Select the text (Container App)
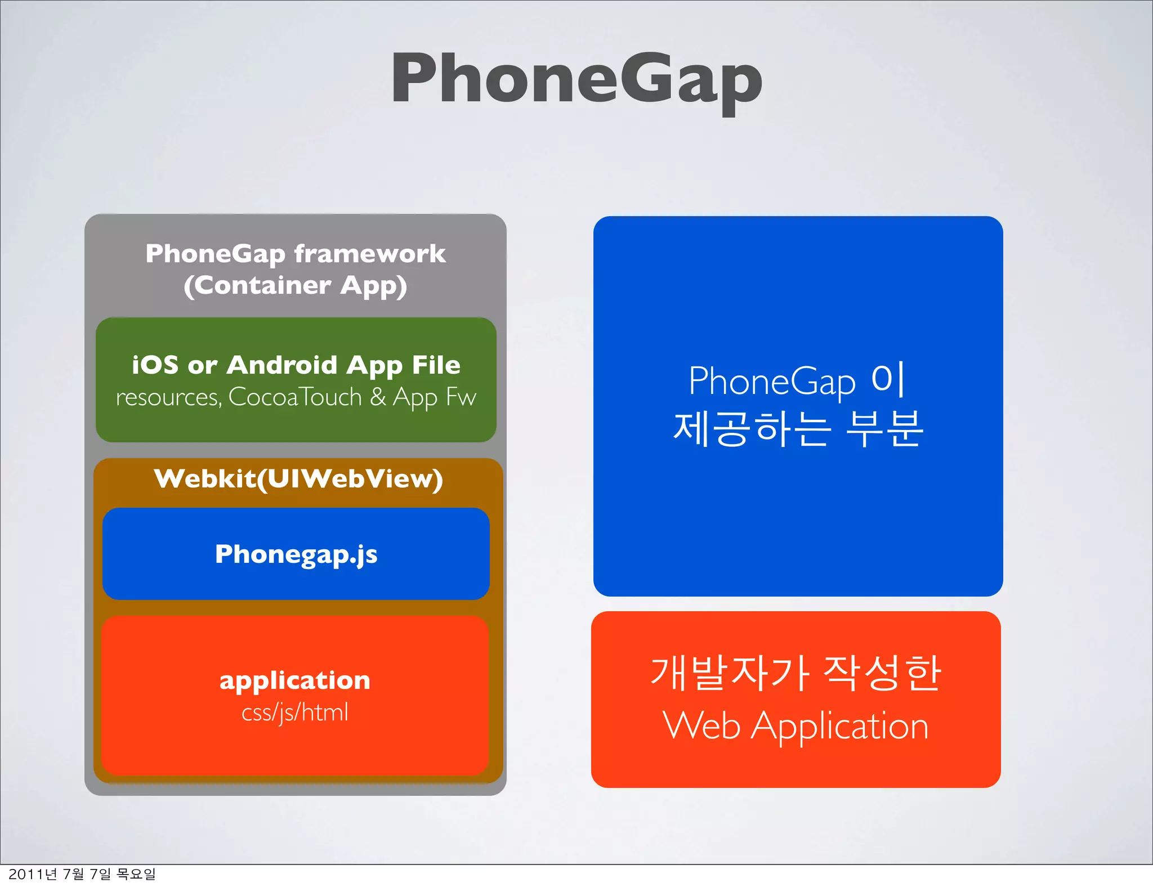tap(295, 286)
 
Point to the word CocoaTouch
tap(295, 397)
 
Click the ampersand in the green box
tap(378, 397)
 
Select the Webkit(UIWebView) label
tap(298, 479)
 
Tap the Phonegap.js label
tap(296, 554)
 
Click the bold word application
tap(295, 680)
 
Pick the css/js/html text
tap(295, 713)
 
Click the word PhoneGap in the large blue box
tap(772, 382)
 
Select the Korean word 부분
tap(885, 429)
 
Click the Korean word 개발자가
tap(730, 673)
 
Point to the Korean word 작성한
tap(882, 673)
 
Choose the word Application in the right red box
tap(840, 726)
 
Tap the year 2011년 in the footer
tap(33, 874)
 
